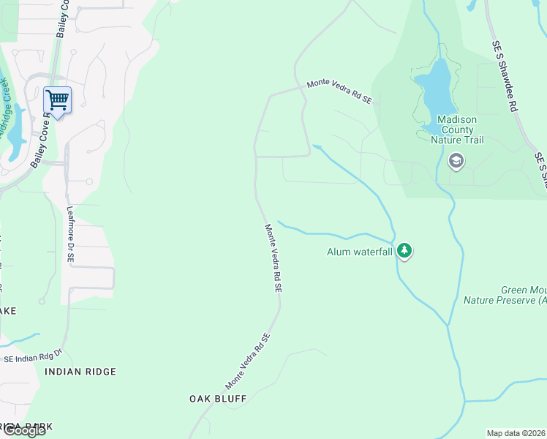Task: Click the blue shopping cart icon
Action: pyautogui.click(x=56, y=100)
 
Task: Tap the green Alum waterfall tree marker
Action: pyautogui.click(x=404, y=251)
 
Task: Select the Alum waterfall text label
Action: pyautogui.click(x=359, y=252)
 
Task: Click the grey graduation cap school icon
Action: pyautogui.click(x=456, y=161)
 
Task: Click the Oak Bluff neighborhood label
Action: pyautogui.click(x=218, y=399)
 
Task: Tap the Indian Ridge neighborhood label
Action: pyautogui.click(x=80, y=372)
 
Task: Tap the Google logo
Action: pyautogui.click(x=24, y=429)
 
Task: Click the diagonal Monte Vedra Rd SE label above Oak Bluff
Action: pyautogui.click(x=248, y=361)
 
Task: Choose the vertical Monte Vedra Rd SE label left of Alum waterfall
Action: pyautogui.click(x=273, y=258)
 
